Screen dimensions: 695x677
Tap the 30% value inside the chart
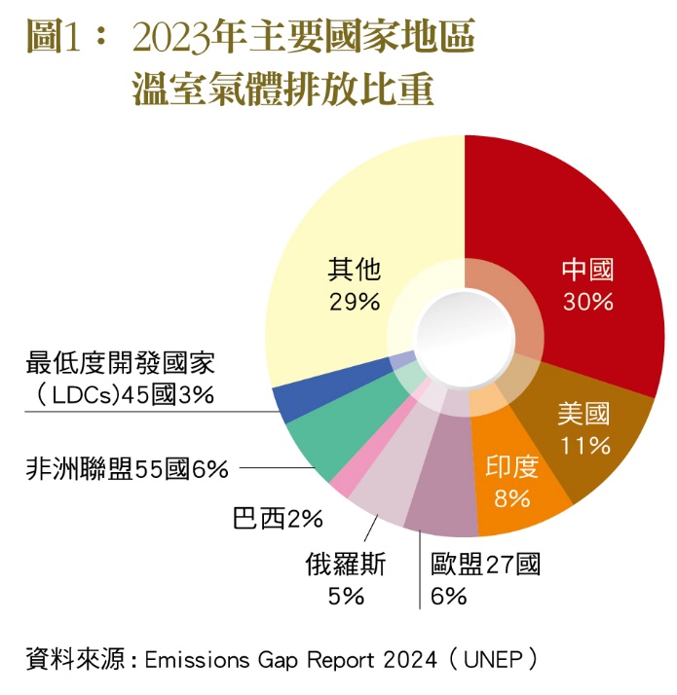click(x=588, y=302)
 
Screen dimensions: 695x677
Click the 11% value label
click(x=585, y=446)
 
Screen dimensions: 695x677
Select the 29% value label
click(x=354, y=302)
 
